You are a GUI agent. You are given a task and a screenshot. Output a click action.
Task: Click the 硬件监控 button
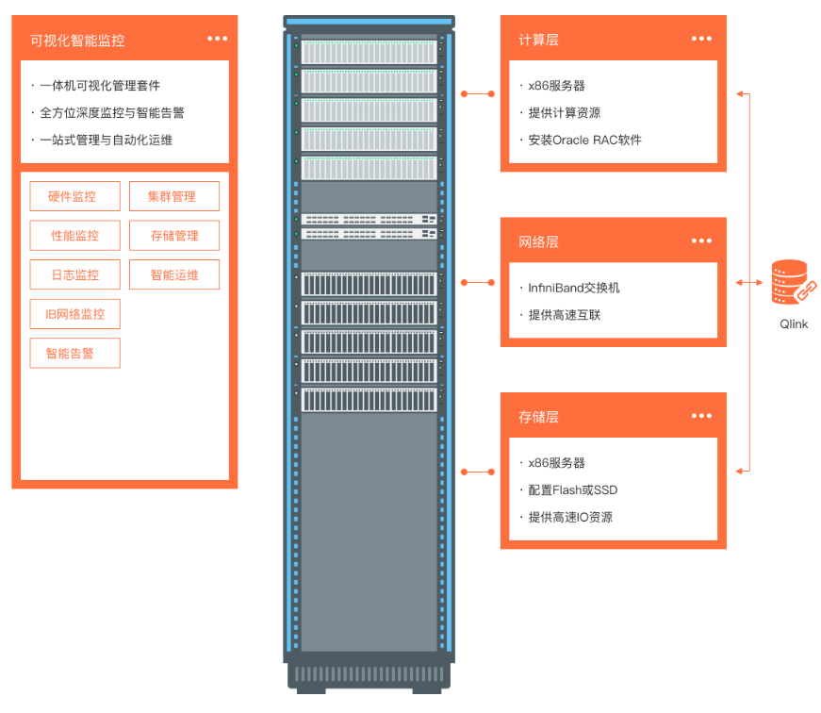pyautogui.click(x=75, y=196)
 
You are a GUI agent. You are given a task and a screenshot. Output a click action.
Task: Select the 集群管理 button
pyautogui.click(x=174, y=196)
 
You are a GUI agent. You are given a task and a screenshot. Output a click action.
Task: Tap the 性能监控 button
pyautogui.click(x=75, y=236)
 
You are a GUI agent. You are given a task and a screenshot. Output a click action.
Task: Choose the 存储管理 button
pyautogui.click(x=174, y=236)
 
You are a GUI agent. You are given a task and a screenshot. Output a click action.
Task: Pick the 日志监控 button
pyautogui.click(x=75, y=274)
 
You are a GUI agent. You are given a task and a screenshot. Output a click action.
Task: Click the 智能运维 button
pyautogui.click(x=174, y=274)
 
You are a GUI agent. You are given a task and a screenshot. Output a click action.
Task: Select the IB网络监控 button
pyautogui.click(x=75, y=314)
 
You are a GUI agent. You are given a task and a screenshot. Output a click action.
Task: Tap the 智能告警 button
pyautogui.click(x=75, y=354)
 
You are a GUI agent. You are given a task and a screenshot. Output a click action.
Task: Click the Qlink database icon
pyautogui.click(x=793, y=282)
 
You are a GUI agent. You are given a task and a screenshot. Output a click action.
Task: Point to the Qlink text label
pyautogui.click(x=793, y=324)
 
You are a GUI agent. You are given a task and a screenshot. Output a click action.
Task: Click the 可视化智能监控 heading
pyautogui.click(x=77, y=41)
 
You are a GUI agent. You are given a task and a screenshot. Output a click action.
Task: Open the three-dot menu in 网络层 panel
pyautogui.click(x=701, y=241)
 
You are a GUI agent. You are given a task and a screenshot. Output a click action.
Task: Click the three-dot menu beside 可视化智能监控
pyautogui.click(x=218, y=39)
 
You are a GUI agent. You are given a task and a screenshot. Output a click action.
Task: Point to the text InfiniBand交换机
pyautogui.click(x=574, y=288)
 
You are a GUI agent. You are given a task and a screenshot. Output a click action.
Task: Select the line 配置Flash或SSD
pyautogui.click(x=573, y=489)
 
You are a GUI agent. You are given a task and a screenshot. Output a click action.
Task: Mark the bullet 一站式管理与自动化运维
pyautogui.click(x=107, y=140)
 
